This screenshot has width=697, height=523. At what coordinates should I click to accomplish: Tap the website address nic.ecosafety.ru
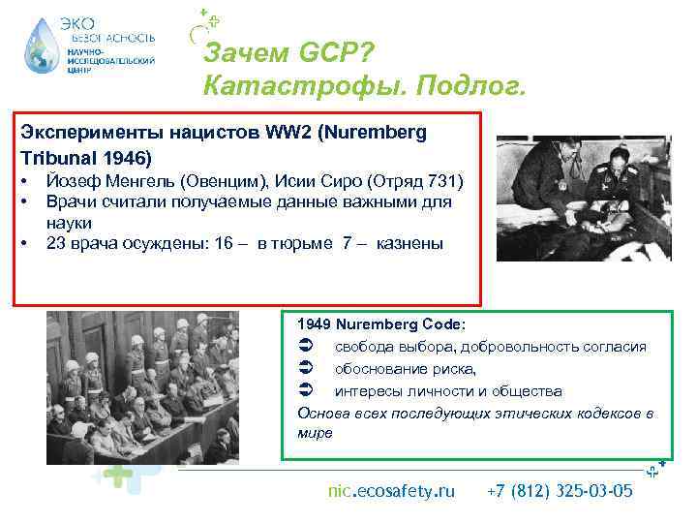[391, 491]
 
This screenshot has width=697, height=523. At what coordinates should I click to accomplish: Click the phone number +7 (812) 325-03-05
[561, 491]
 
